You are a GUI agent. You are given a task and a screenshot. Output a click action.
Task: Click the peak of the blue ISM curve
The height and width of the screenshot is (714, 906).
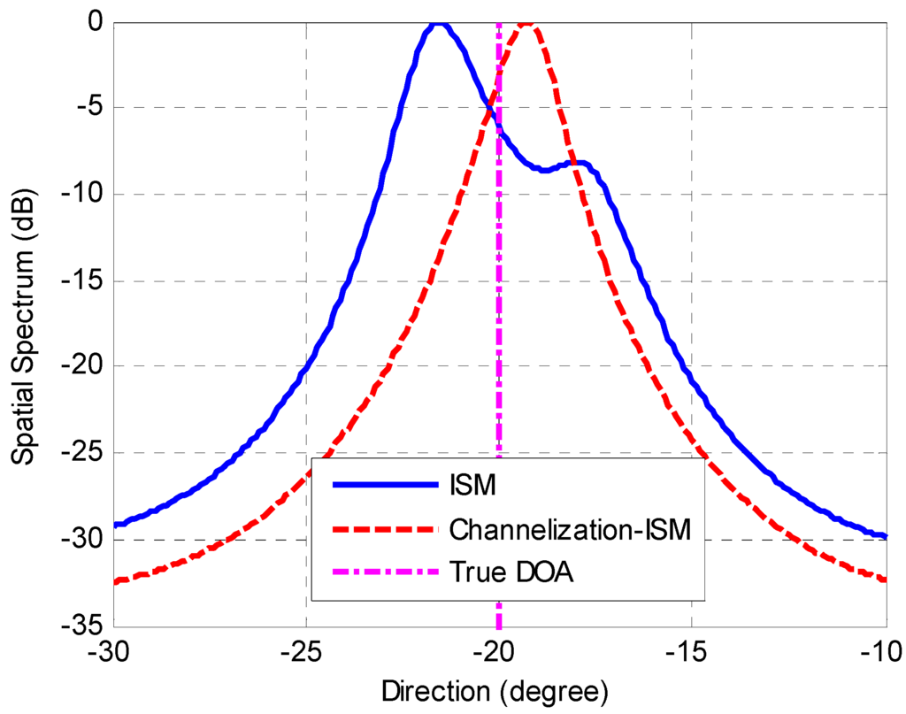[x=438, y=25]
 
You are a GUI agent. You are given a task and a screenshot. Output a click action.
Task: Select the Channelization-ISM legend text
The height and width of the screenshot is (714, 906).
[x=569, y=528]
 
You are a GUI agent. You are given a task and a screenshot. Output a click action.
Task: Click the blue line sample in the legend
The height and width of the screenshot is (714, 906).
[x=385, y=485]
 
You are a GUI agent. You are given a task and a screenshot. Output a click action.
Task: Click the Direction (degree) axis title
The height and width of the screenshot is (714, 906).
[x=495, y=688]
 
